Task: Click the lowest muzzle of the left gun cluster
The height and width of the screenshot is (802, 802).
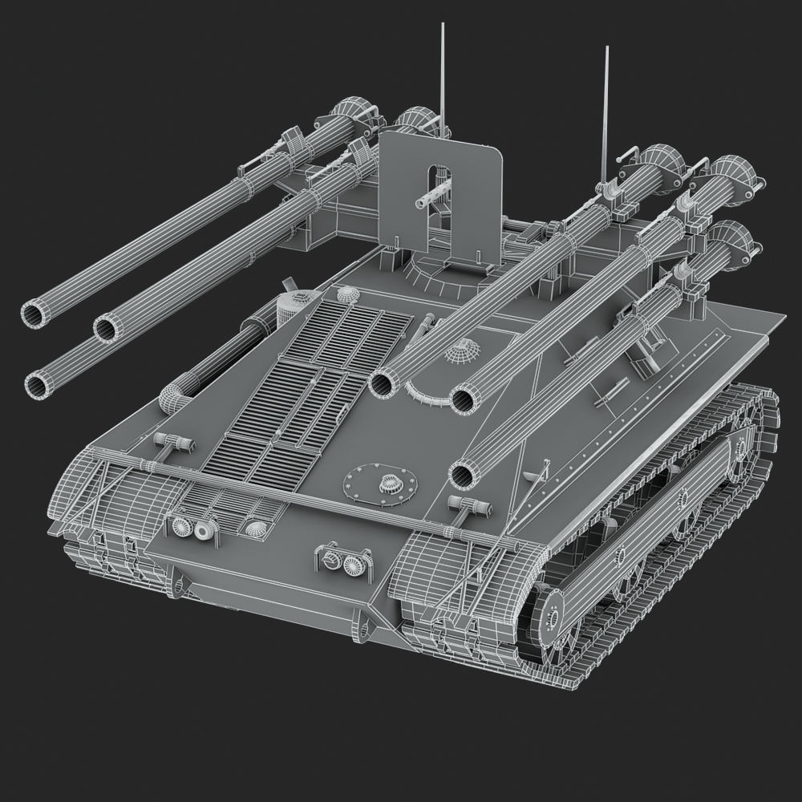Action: click(x=37, y=386)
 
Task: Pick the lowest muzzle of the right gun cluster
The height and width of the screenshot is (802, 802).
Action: click(x=463, y=474)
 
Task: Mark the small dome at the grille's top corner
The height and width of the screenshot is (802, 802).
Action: click(x=346, y=295)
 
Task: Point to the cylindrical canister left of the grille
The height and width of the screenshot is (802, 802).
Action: click(x=292, y=307)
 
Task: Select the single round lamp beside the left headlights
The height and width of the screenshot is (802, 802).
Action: click(x=255, y=529)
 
